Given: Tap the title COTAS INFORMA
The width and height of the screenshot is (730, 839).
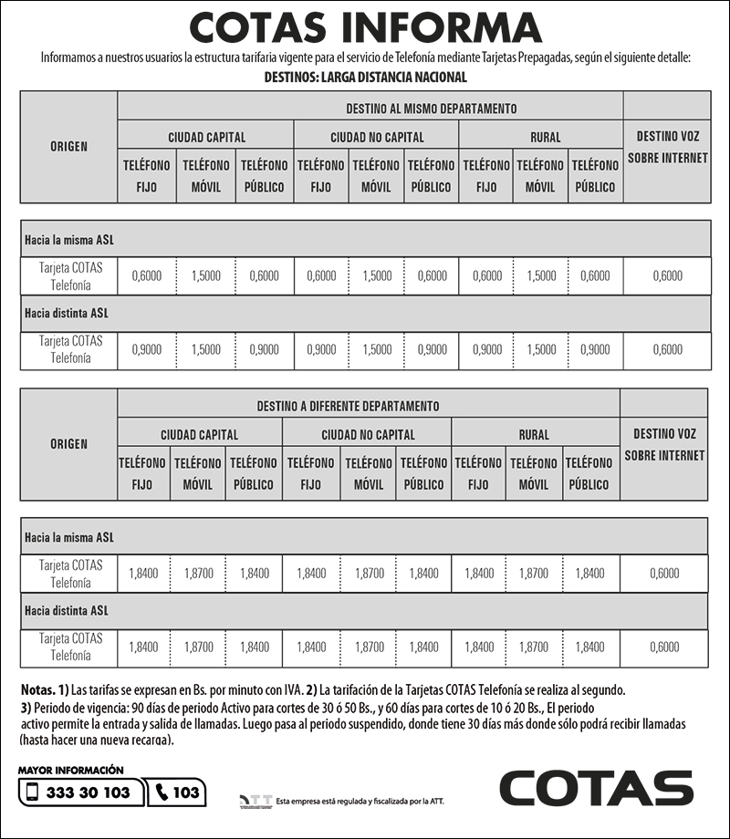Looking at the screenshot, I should point(365,28).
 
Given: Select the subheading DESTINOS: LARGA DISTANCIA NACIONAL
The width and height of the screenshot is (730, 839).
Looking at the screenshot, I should point(365,78).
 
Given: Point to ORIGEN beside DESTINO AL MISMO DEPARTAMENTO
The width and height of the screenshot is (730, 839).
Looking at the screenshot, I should point(69,146).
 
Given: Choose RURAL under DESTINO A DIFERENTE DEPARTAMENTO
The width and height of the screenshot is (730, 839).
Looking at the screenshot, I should point(534,435).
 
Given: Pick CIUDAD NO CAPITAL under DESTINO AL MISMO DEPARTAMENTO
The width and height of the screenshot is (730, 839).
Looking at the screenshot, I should point(377,138).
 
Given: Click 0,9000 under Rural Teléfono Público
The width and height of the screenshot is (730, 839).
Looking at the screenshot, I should point(595,349).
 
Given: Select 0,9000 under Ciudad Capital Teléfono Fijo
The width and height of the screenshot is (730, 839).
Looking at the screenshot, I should point(146,349).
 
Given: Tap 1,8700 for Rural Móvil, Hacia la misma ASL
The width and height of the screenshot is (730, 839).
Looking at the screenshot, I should point(534,574).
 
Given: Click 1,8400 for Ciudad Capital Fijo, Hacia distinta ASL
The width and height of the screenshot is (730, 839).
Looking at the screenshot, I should point(143,647).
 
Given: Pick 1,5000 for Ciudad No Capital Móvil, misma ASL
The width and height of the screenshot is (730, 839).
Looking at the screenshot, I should point(377,276).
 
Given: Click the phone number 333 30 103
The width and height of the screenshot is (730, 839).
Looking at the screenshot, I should point(89,792).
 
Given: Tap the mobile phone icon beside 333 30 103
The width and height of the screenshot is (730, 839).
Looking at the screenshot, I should point(33,792).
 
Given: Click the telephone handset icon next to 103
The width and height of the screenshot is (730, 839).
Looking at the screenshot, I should point(162,792).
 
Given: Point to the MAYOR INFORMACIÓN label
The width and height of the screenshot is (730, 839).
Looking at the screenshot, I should point(70,771).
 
